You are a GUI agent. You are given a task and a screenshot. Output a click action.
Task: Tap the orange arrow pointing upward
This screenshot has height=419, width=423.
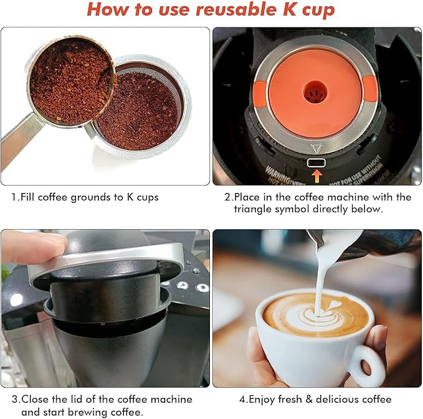point(317,177)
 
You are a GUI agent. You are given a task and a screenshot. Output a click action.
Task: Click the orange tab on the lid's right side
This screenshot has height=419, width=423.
point(370,90)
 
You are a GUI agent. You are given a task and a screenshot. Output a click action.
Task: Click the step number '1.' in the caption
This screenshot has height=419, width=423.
point(16,197)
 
